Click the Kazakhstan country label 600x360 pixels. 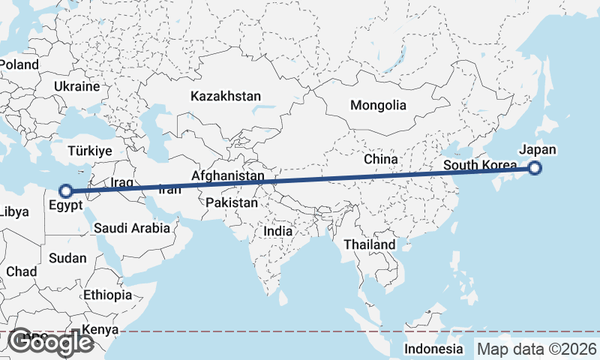[226, 97]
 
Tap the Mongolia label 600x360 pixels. [378, 106]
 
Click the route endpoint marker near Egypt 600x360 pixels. [66, 191]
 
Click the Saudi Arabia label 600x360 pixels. [132, 229]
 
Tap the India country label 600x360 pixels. [277, 232]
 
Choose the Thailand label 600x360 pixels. [369, 245]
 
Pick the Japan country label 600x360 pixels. [537, 149]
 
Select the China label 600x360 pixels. [380, 160]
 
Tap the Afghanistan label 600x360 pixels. [228, 176]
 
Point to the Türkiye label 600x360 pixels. [89, 151]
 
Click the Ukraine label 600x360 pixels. [76, 87]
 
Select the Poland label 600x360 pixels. [19, 64]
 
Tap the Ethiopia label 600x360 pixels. [107, 295]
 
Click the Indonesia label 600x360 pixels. [433, 349]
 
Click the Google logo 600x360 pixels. [50, 342]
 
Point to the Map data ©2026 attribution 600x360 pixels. [537, 349]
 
